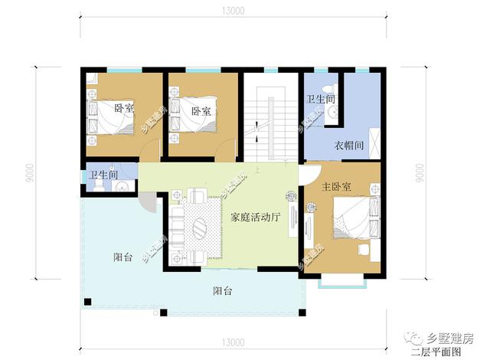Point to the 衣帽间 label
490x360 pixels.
click(348, 146)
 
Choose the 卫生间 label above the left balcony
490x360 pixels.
click(103, 175)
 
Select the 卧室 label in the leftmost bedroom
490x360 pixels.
click(123, 108)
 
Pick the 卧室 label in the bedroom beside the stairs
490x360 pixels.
click(203, 111)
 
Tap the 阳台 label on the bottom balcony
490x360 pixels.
click(223, 291)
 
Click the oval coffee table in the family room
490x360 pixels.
click(198, 228)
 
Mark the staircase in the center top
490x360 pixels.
click(269, 119)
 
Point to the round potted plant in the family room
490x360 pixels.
click(291, 196)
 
